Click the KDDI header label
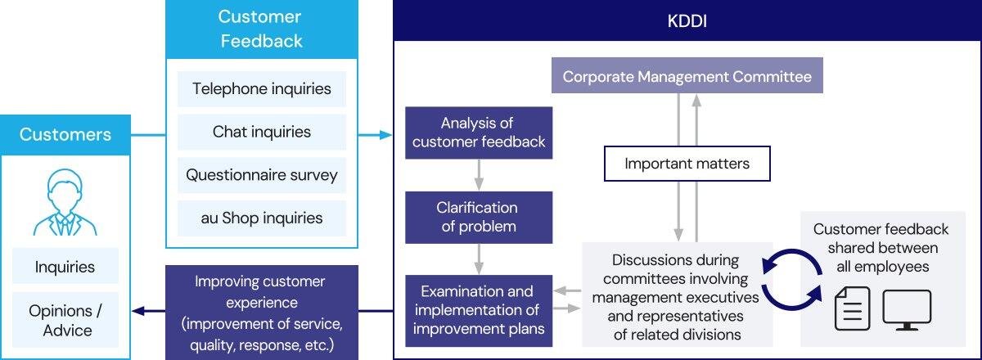point(687,20)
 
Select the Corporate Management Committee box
point(687,77)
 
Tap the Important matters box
point(687,164)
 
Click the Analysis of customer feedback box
point(479,133)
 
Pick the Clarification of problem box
point(479,217)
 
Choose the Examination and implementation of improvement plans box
point(479,310)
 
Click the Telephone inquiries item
point(262,88)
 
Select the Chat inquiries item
point(262,132)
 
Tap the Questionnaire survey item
point(262,175)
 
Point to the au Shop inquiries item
point(262,218)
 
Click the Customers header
point(65,134)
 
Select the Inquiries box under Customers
point(65,267)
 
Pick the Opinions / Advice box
point(65,320)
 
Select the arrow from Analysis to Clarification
point(479,174)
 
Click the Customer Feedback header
point(261,29)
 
